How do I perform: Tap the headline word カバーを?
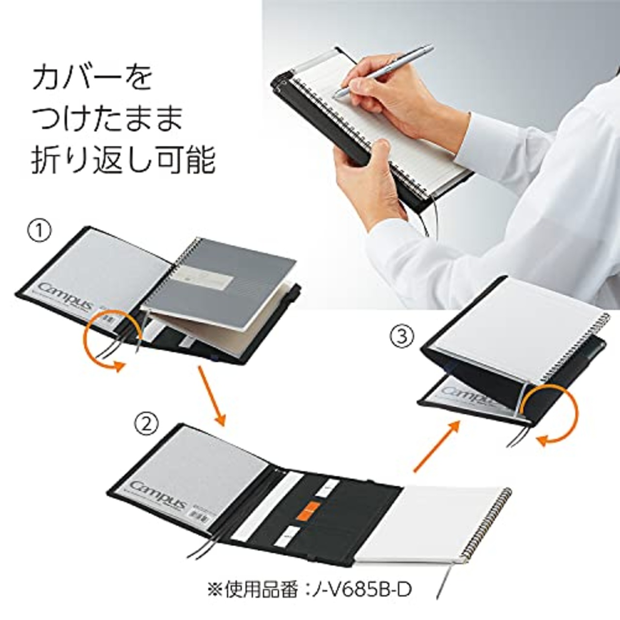point(92,78)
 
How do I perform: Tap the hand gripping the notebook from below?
point(368,179)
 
